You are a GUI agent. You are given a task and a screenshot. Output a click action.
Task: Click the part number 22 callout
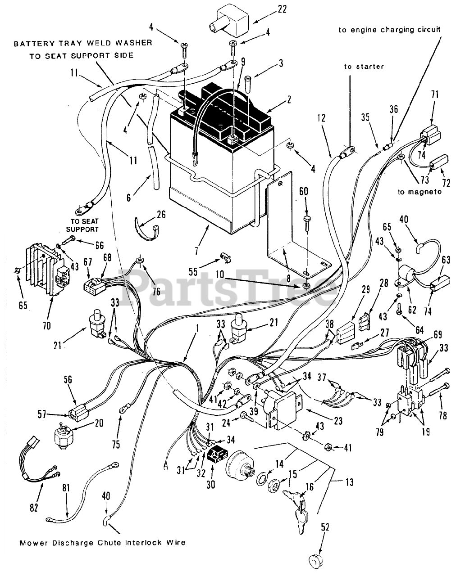[282, 9]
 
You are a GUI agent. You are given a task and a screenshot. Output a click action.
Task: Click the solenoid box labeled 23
[283, 409]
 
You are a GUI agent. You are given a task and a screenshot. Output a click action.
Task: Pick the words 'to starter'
[364, 67]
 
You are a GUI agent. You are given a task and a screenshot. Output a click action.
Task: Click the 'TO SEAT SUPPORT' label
[82, 225]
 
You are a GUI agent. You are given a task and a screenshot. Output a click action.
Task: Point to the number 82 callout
[34, 507]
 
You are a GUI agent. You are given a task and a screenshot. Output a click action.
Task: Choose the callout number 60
[303, 191]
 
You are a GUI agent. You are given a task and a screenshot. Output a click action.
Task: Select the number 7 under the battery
[196, 251]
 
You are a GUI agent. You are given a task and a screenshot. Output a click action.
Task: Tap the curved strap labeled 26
[146, 229]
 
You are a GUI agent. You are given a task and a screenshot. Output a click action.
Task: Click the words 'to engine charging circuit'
[389, 30]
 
